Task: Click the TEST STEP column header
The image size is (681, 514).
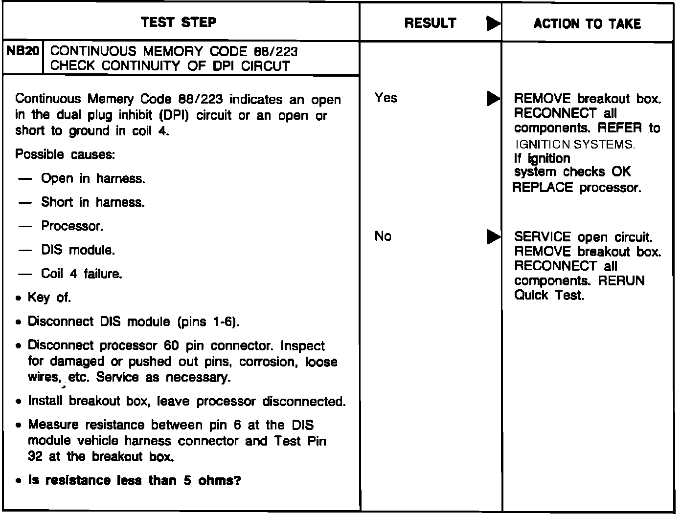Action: [x=179, y=22]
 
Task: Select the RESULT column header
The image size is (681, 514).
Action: [x=430, y=23]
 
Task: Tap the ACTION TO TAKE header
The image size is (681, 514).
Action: [x=587, y=23]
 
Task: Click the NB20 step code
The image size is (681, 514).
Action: [x=23, y=51]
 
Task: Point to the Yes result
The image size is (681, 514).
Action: [x=386, y=98]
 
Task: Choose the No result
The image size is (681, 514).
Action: [x=383, y=237]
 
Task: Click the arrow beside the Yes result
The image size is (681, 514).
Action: [x=493, y=99]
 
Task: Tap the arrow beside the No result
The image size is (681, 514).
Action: [x=493, y=237]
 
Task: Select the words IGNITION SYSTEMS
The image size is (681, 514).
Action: [x=575, y=145]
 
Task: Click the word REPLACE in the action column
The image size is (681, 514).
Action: [x=542, y=188]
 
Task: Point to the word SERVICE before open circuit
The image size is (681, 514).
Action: [x=542, y=237]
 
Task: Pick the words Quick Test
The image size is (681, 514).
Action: [x=549, y=296]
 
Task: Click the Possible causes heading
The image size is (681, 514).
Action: [x=65, y=155]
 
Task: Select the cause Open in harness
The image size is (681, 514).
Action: [x=93, y=179]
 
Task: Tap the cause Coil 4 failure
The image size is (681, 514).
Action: [x=81, y=274]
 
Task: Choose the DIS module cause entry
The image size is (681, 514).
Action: [x=78, y=251]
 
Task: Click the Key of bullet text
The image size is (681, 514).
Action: [x=49, y=298]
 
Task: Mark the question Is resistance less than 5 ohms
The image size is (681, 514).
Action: [x=135, y=481]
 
